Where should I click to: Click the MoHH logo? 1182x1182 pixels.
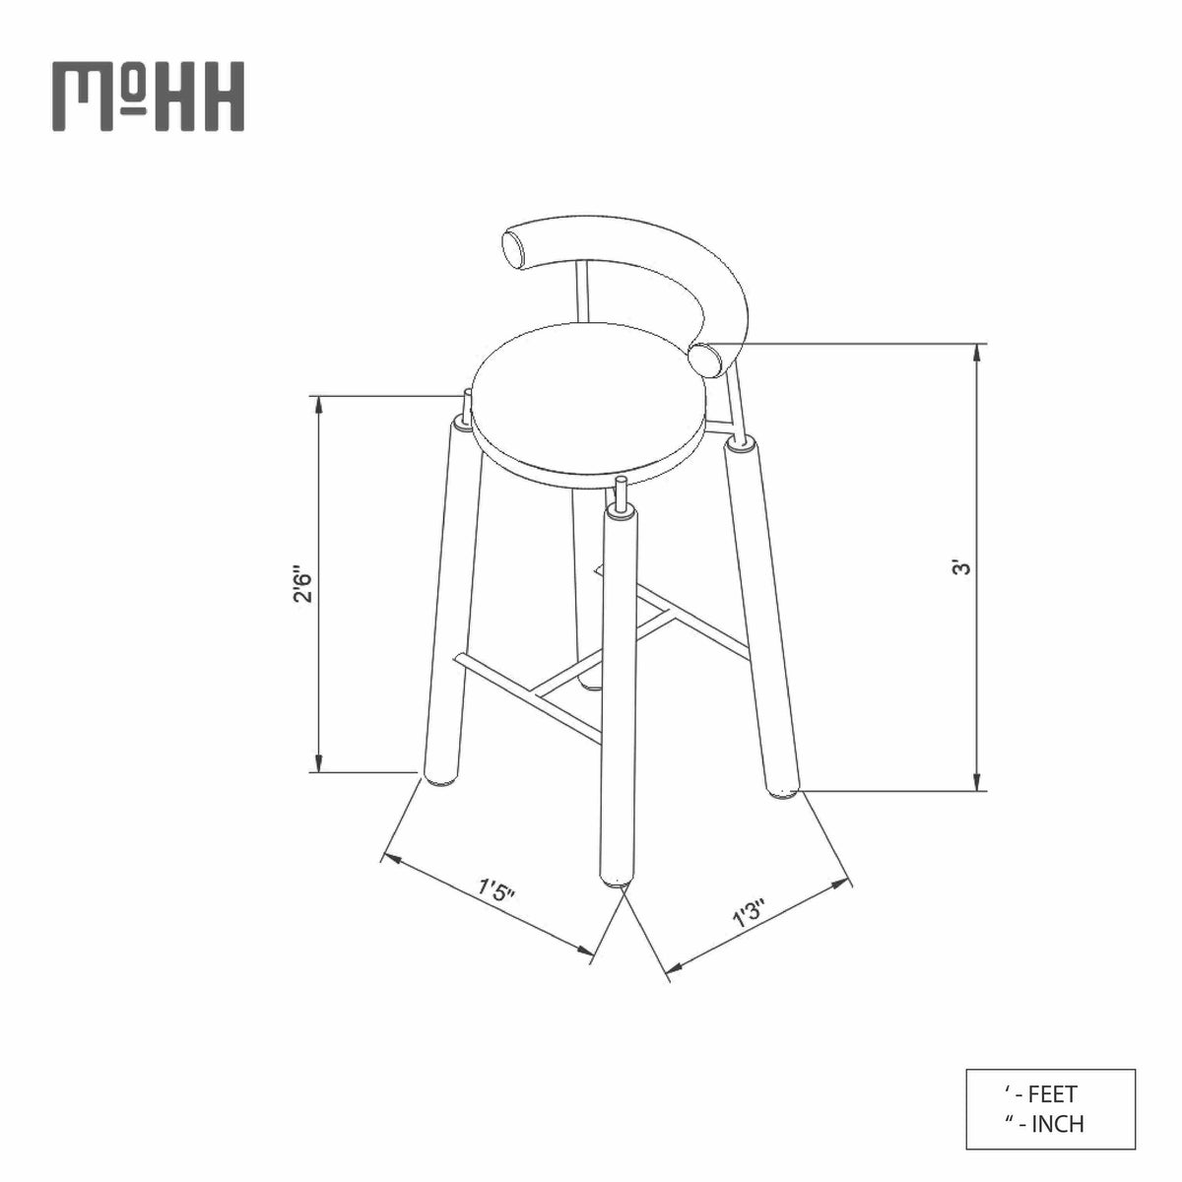pyautogui.click(x=148, y=96)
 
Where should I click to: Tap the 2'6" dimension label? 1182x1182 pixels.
pyautogui.click(x=303, y=583)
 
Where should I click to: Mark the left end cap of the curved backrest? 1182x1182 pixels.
pyautogui.click(x=516, y=249)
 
